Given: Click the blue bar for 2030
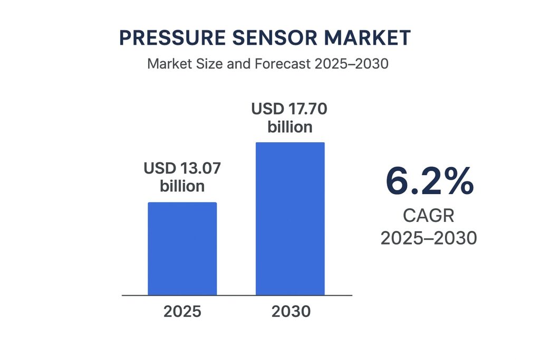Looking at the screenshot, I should (290, 219).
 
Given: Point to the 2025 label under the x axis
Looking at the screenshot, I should (182, 312).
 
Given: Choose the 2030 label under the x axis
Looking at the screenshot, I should (291, 312).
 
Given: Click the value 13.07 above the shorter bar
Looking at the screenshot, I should (200, 169).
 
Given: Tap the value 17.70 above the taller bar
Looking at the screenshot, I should (308, 110).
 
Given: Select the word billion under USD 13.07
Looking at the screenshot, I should (182, 186).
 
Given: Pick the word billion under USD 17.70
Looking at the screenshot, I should (290, 127).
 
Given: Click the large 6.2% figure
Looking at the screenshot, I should (429, 182).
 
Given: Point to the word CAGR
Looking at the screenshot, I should (429, 216).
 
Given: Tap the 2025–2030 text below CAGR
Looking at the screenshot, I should (429, 238).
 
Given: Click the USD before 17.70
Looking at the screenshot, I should (267, 110).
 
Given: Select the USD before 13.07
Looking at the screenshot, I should (160, 169).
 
